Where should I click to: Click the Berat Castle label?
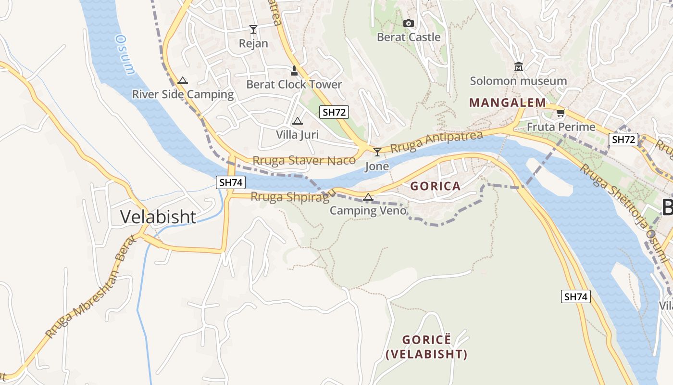(409, 37)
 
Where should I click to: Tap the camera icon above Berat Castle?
(408, 23)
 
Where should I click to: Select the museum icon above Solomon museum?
(518, 66)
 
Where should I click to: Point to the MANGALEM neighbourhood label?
(508, 103)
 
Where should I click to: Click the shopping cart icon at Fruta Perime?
(561, 113)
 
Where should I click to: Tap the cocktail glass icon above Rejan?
(253, 29)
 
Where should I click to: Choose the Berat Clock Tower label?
(294, 85)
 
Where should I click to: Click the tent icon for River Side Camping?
(182, 80)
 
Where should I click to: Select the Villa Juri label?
(298, 135)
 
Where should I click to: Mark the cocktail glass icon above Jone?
(377, 152)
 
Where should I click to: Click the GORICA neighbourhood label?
(435, 186)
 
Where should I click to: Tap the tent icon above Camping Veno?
(368, 197)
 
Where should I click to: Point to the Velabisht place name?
(158, 217)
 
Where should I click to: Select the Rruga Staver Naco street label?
(304, 161)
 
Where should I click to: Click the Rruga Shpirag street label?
(290, 197)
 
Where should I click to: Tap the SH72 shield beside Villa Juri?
(334, 113)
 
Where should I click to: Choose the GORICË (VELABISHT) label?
(427, 347)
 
